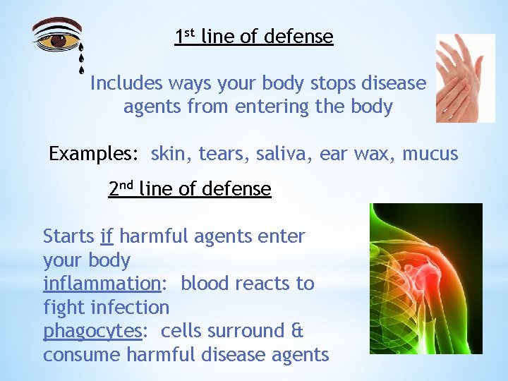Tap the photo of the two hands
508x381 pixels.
(465, 78)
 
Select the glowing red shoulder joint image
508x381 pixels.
(425, 278)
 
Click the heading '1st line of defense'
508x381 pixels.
(254, 37)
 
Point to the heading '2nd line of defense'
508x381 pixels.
(190, 189)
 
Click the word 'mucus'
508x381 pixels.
(430, 154)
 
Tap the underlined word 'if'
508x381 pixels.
(107, 236)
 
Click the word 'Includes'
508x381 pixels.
(126, 83)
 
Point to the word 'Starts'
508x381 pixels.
(69, 236)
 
